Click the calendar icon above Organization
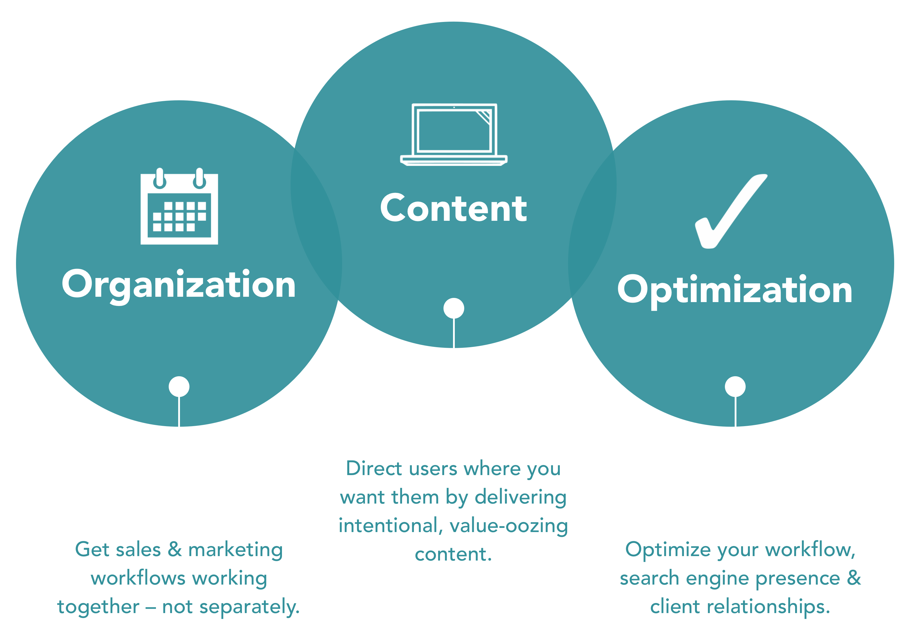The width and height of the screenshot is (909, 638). point(179,208)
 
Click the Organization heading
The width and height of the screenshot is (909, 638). point(179,285)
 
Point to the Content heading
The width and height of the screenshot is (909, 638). point(454,208)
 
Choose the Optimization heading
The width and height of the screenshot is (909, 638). point(735,290)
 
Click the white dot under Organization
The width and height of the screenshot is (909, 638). point(179,386)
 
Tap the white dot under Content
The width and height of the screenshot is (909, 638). point(454,308)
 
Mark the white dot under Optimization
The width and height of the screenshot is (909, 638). point(735,386)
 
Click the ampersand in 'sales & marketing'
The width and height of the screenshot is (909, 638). point(175,549)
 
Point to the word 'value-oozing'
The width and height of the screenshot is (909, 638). point(509,526)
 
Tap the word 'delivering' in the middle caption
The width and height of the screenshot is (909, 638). point(521,497)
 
